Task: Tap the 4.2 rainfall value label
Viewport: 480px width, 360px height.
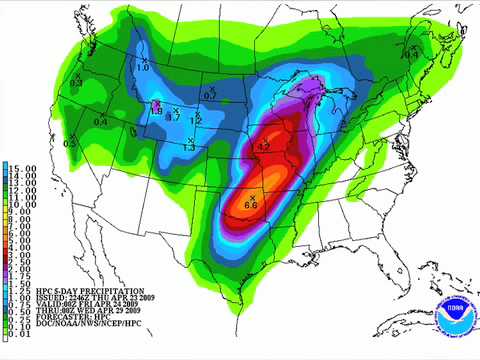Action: click(x=264, y=147)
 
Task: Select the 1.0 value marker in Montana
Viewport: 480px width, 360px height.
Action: click(x=142, y=68)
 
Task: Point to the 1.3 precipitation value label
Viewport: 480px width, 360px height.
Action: click(x=189, y=147)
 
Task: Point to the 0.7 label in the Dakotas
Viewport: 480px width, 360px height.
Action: click(x=172, y=118)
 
